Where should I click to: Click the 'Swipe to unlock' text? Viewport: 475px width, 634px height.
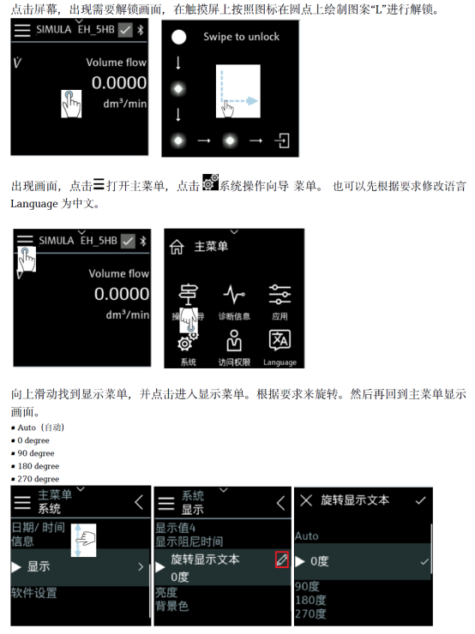click(241, 37)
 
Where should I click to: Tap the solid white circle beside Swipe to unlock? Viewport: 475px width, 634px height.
click(178, 37)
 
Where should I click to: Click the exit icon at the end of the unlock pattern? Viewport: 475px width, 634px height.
click(282, 141)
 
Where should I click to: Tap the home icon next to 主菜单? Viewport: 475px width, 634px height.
click(177, 247)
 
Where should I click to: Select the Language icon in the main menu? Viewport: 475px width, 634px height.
click(280, 339)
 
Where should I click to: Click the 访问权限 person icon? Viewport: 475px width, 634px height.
click(234, 340)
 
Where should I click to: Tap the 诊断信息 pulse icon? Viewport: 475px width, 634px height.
click(234, 295)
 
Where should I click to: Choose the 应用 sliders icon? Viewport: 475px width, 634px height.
click(280, 295)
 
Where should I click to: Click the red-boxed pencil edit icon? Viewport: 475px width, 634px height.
click(281, 559)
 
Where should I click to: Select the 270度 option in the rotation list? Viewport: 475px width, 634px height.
click(310, 613)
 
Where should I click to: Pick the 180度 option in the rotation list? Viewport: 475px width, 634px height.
click(310, 600)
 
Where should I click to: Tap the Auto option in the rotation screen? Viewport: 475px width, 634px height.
click(307, 536)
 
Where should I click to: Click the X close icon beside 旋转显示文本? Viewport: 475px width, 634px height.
click(306, 500)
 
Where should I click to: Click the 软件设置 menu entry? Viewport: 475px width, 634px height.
click(34, 593)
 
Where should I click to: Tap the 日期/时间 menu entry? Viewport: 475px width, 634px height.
click(38, 527)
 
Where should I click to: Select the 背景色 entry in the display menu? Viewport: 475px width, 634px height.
click(172, 606)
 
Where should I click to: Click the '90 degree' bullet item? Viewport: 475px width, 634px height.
click(36, 453)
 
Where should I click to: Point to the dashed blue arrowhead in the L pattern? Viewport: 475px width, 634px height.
click(252, 101)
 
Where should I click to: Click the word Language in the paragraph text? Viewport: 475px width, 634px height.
click(34, 204)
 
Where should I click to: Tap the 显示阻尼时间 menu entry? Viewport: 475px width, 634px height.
click(189, 541)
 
